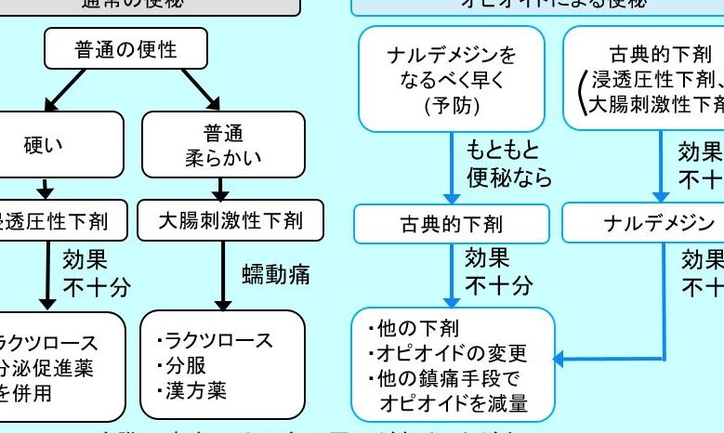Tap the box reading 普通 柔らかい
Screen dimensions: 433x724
click(x=221, y=144)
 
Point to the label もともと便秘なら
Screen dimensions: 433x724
click(x=509, y=164)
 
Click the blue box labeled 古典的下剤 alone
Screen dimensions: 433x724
click(x=451, y=224)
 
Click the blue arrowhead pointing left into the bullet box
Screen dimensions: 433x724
click(x=560, y=360)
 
